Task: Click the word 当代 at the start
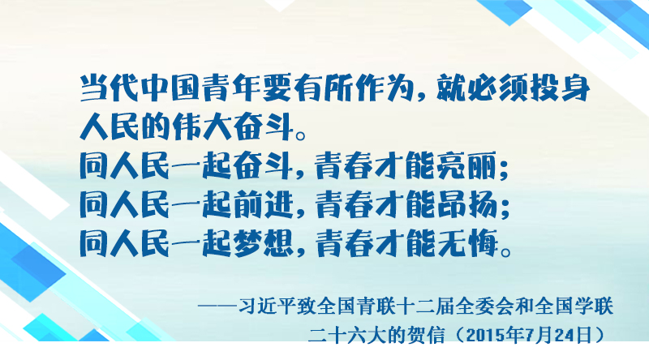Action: pyautogui.click(x=110, y=88)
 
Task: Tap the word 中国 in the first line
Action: pyautogui.click(x=170, y=88)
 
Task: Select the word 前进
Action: pyautogui.click(x=263, y=205)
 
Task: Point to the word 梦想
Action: pyautogui.click(x=263, y=244)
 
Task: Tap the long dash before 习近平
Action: pyautogui.click(x=218, y=306)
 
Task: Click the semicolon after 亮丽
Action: pyautogui.click(x=504, y=169)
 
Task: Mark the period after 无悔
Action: pyautogui.click(x=505, y=251)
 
